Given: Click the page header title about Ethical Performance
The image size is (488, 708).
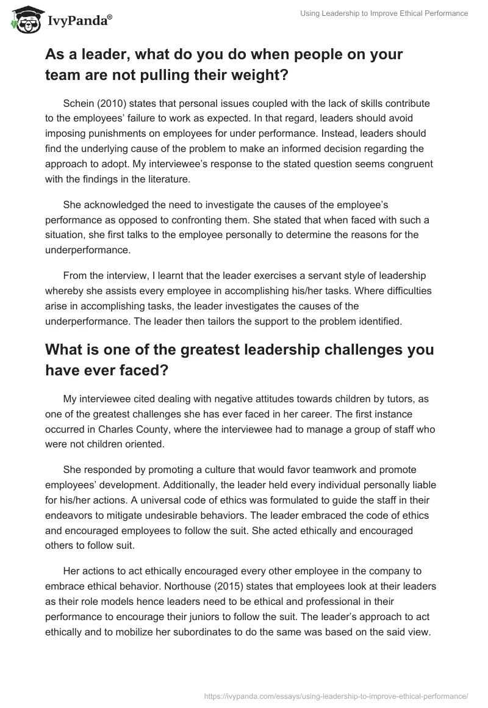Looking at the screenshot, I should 384,13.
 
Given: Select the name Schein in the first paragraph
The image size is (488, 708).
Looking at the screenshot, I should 79,104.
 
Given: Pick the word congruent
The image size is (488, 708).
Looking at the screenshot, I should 411,162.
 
